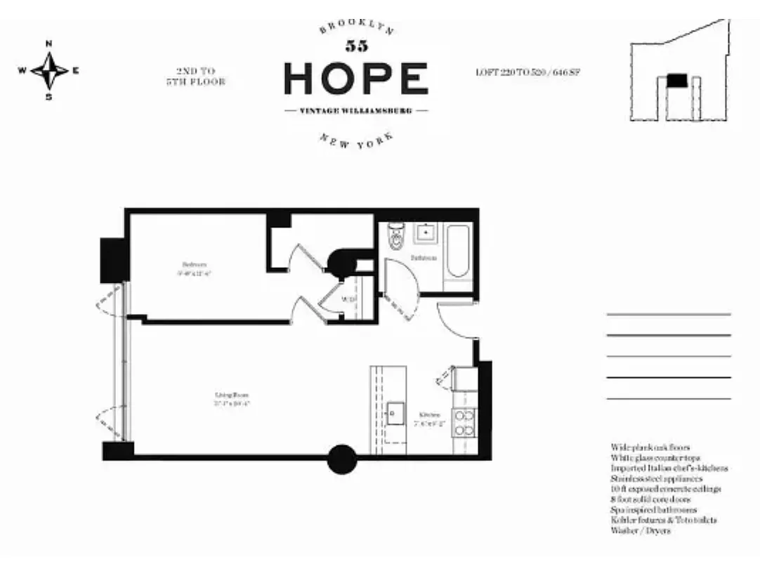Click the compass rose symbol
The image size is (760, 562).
[x=49, y=70]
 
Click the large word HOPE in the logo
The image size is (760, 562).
[x=356, y=79]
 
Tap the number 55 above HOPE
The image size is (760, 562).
[x=356, y=47]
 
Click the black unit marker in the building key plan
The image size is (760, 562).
[x=676, y=81]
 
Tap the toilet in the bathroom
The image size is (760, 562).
[x=395, y=237]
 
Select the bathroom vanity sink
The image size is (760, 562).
[x=425, y=233]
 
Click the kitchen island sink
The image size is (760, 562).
[x=395, y=412]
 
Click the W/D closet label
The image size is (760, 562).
[x=348, y=300]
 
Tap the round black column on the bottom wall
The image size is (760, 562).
[x=342, y=459]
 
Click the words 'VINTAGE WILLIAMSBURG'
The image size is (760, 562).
[x=356, y=111]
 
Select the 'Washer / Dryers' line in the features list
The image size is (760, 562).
[x=641, y=531]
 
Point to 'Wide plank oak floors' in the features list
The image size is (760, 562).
[x=650, y=447]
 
